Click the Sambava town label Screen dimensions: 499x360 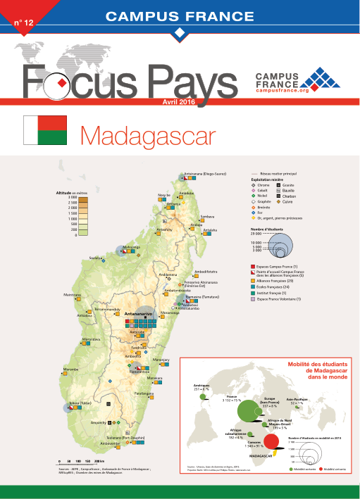click(207, 216)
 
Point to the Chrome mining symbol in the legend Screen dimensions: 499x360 click(254, 185)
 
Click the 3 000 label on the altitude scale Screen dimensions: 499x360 click(73, 198)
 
